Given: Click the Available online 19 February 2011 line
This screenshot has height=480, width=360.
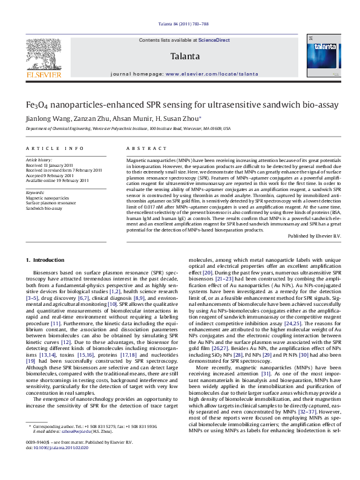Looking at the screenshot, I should pos(57,180).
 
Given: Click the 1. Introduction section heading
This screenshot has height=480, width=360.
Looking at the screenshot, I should pos(45,260).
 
